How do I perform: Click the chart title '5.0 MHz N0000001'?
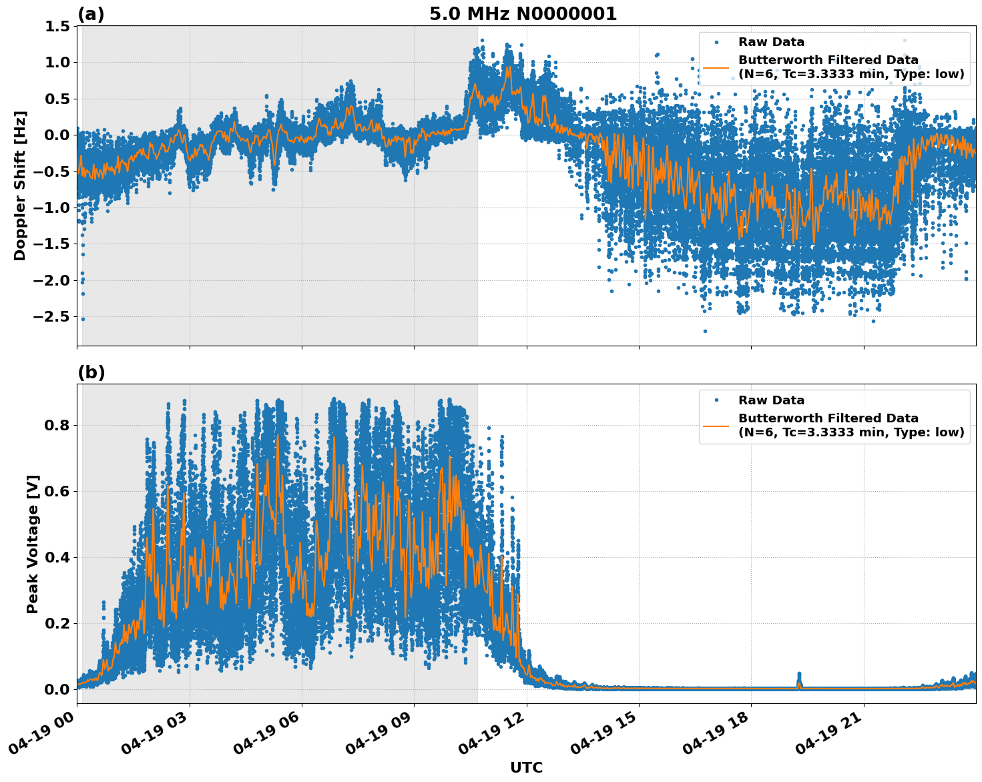coord(523,14)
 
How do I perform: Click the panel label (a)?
coord(91,14)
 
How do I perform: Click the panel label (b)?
coord(91,372)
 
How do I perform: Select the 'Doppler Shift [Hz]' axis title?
coord(20,185)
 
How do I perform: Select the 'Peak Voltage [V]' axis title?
coord(33,544)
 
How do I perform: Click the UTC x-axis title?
coord(526,767)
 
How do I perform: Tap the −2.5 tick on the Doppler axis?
coord(51,316)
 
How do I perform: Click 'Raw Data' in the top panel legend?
coord(771,42)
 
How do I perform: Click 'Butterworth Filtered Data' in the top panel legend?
coord(828,60)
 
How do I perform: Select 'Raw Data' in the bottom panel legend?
coord(771,400)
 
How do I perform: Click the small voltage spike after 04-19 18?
coord(799,679)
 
